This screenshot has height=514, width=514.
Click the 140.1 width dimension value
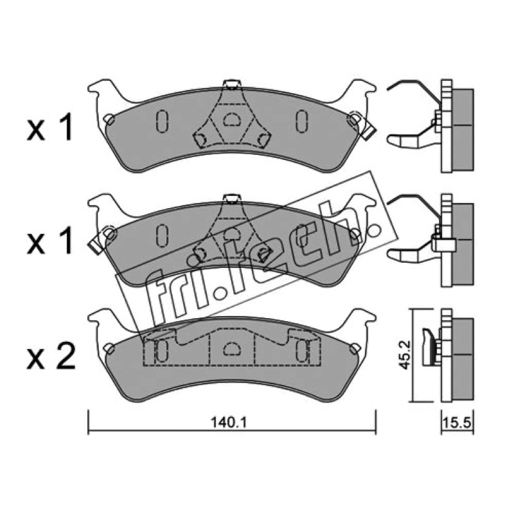coord(229,423)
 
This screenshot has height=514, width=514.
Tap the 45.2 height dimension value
coord(405,355)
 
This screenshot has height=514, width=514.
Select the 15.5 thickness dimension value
coord(457,423)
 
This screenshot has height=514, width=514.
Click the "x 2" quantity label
coord(51,356)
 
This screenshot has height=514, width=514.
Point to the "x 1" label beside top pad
coord(49,128)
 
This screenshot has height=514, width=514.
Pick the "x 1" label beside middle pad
coord(49,242)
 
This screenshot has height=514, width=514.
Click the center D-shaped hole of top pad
coord(232,120)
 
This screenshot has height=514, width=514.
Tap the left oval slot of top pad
coord(163,121)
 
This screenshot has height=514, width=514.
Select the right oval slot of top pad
coord(301,121)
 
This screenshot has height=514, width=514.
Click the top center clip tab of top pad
coord(232,84)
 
